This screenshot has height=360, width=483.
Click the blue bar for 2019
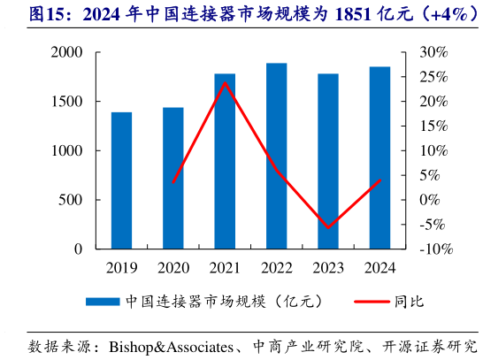[x=121, y=180]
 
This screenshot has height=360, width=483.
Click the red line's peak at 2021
[x=225, y=82]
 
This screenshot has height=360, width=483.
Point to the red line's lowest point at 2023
[x=328, y=227]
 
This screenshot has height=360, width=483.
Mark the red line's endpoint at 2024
[x=379, y=180]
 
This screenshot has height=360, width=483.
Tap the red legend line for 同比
[x=372, y=302]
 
